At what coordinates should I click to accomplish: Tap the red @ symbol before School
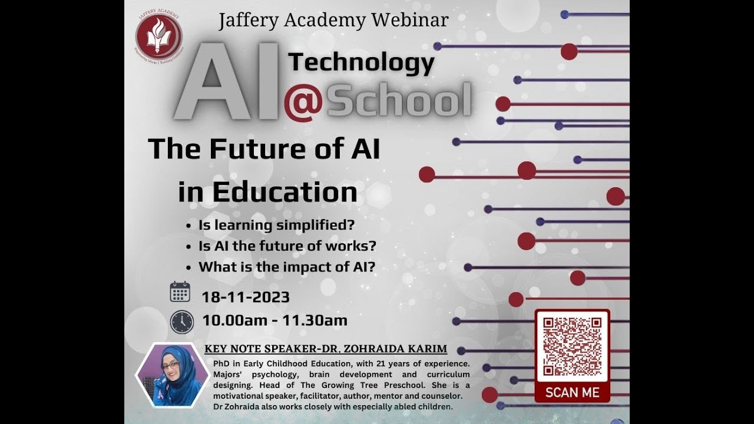click(x=303, y=101)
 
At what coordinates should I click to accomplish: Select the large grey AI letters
click(x=227, y=81)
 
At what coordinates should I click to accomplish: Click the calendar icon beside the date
click(x=180, y=292)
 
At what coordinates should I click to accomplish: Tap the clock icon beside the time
click(x=181, y=322)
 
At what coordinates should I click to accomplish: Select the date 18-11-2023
click(x=246, y=297)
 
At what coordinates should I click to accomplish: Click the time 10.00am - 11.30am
click(x=275, y=320)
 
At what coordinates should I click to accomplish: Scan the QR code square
click(x=572, y=346)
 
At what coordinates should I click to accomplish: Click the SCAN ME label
click(x=572, y=392)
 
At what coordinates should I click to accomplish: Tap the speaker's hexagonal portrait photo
click(x=172, y=375)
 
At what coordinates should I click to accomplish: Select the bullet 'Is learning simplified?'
click(x=277, y=225)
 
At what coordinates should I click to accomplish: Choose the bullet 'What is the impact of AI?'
click(x=287, y=267)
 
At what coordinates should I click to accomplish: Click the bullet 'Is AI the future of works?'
click(x=287, y=246)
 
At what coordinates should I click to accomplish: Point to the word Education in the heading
click(x=285, y=193)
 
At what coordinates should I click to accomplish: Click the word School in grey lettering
click(x=399, y=101)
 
